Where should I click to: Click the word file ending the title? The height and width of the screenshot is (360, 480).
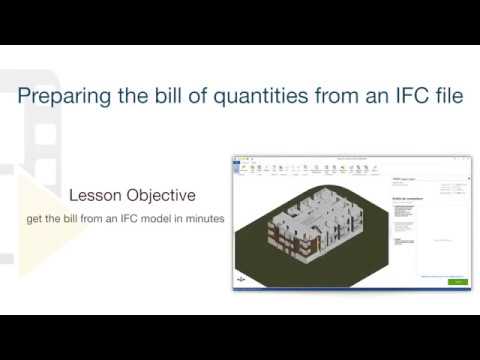click(445, 98)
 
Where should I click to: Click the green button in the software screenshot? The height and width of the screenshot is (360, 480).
click(458, 282)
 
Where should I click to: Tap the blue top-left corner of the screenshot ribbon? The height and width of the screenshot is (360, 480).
click(237, 158)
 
